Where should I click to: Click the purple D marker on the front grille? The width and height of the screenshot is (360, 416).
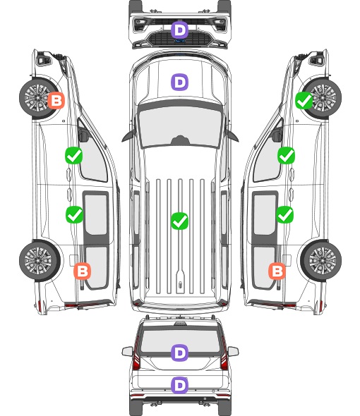click(179, 30)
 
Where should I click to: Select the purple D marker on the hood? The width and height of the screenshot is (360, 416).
click(179, 82)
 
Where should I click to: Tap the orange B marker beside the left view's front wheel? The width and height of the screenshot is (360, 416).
click(56, 100)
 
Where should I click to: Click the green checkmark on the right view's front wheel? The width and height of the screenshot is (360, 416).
click(304, 100)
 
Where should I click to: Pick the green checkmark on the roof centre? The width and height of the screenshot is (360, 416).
click(179, 221)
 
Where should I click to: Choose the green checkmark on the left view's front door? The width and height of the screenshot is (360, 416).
click(74, 155)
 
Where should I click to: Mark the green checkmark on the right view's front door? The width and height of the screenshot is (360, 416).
click(286, 155)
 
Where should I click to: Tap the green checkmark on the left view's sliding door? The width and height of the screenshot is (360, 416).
click(74, 214)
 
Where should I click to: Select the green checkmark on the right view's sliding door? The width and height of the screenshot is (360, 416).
click(284, 214)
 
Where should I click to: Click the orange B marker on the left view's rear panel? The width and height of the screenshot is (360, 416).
click(83, 271)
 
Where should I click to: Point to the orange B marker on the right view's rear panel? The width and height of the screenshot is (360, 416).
click(277, 271)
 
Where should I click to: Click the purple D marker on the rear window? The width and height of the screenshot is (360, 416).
click(179, 353)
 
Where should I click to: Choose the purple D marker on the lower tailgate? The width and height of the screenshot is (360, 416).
click(179, 385)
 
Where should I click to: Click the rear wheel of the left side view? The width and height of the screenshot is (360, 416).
click(40, 261)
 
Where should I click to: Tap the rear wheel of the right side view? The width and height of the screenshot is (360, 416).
click(321, 261)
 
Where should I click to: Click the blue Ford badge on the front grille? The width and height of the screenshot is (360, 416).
click(180, 41)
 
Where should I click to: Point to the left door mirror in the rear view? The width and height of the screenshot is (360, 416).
click(128, 351)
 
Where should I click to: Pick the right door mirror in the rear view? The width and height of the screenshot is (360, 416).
click(233, 351)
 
